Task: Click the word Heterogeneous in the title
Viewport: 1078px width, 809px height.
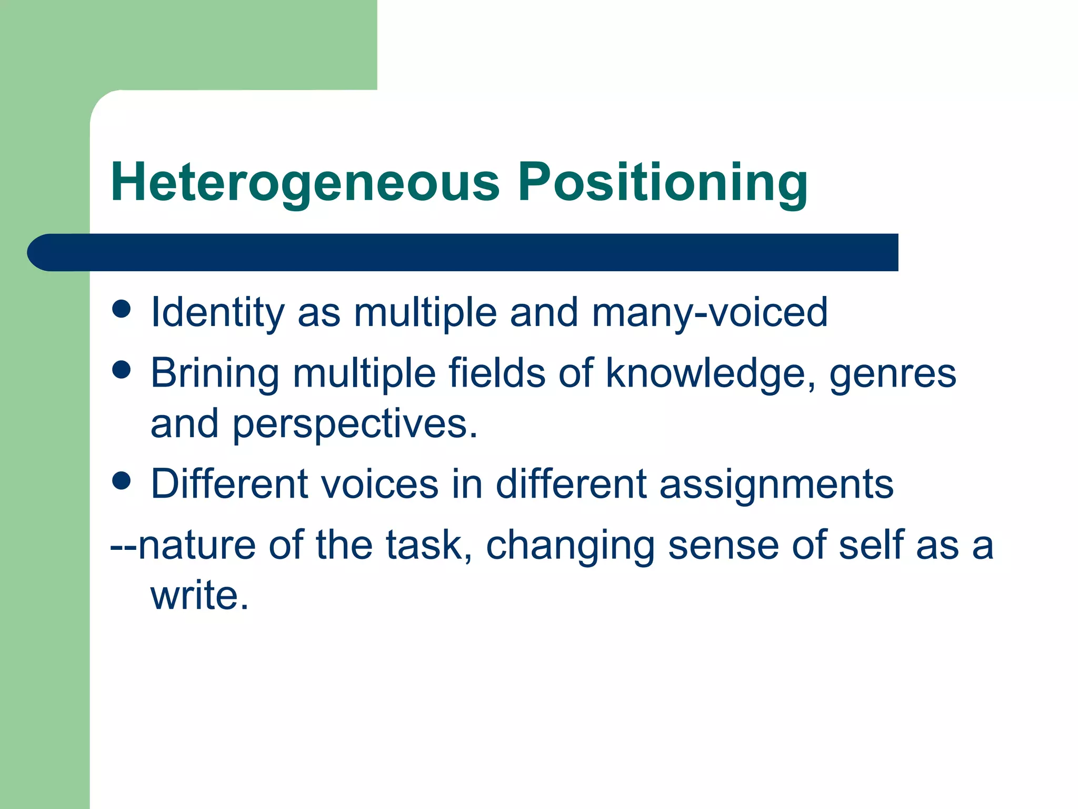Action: [x=305, y=183]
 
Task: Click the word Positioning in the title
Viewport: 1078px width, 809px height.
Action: [x=663, y=183]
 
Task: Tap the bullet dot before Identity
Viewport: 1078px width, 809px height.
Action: [x=122, y=309]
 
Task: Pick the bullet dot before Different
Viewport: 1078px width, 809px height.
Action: [x=122, y=480]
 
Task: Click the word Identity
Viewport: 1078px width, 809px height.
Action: [x=217, y=312]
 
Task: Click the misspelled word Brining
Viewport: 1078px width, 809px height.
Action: [x=215, y=374]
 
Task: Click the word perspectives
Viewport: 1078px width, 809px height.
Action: [x=355, y=425]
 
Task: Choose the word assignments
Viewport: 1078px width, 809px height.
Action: [x=776, y=485]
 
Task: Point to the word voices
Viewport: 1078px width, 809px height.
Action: [x=379, y=485]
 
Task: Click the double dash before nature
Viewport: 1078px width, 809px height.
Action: [x=123, y=546]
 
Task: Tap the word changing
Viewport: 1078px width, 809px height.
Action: [x=570, y=546]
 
